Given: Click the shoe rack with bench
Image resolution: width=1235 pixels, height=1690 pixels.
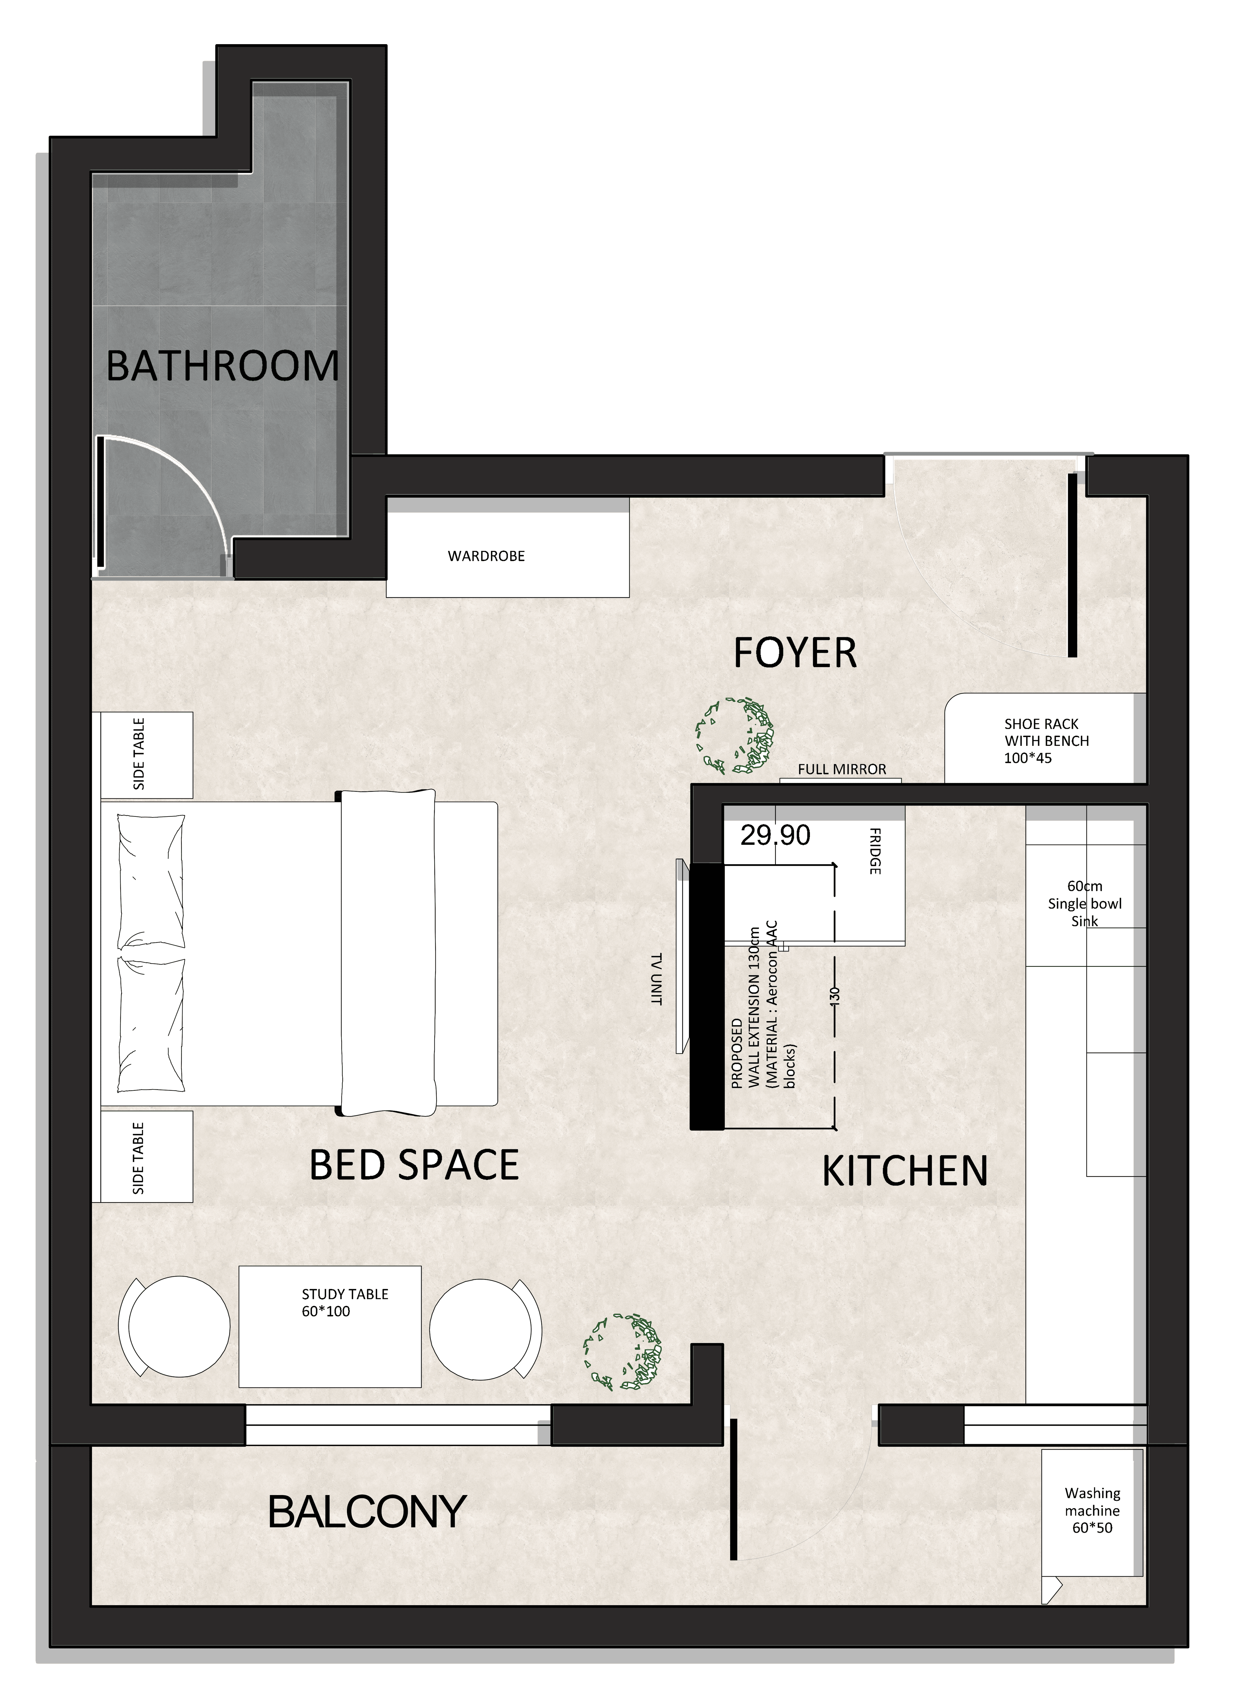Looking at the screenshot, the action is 1045,738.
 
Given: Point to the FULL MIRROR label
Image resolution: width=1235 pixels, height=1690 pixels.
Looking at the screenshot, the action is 842,769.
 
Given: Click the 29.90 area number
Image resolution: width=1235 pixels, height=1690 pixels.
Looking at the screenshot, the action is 775,835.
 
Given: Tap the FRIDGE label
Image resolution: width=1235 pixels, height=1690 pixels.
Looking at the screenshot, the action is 875,851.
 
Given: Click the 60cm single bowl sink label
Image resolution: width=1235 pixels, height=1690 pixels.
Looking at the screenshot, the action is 1085,904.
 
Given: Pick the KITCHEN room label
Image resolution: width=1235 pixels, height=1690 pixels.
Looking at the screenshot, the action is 904,1171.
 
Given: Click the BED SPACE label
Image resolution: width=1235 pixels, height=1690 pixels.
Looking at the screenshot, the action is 414,1165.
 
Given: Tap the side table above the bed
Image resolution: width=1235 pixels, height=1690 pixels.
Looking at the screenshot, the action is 147,755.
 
